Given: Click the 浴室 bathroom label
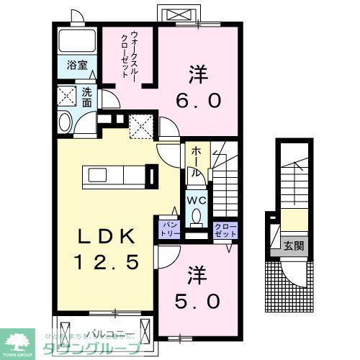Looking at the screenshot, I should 77,65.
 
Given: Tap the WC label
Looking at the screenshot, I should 197,200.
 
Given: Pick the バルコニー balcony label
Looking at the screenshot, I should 106,333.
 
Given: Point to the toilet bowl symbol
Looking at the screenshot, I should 197,215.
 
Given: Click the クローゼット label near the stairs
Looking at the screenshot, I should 225,230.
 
